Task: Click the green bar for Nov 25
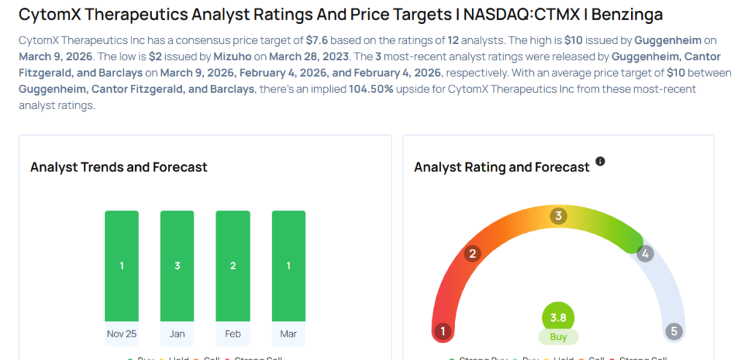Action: [x=121, y=266]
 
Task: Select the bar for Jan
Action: [x=178, y=266]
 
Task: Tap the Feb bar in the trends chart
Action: [x=233, y=266]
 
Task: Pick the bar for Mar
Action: [x=289, y=266]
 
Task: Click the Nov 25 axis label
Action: [x=121, y=334]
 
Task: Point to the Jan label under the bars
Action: [x=178, y=334]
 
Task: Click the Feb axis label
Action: [x=233, y=334]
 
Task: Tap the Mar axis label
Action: [x=289, y=334]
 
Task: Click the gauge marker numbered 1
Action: [x=441, y=332]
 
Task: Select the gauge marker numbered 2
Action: [x=473, y=254]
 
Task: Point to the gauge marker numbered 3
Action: [x=559, y=215]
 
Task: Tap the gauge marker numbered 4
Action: [x=644, y=254]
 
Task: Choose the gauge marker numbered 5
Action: [x=674, y=332]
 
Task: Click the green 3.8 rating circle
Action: [x=558, y=318]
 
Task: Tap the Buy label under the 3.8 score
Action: [x=558, y=337]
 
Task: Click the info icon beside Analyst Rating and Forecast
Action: [x=600, y=161]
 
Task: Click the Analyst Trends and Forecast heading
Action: [x=119, y=167]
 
